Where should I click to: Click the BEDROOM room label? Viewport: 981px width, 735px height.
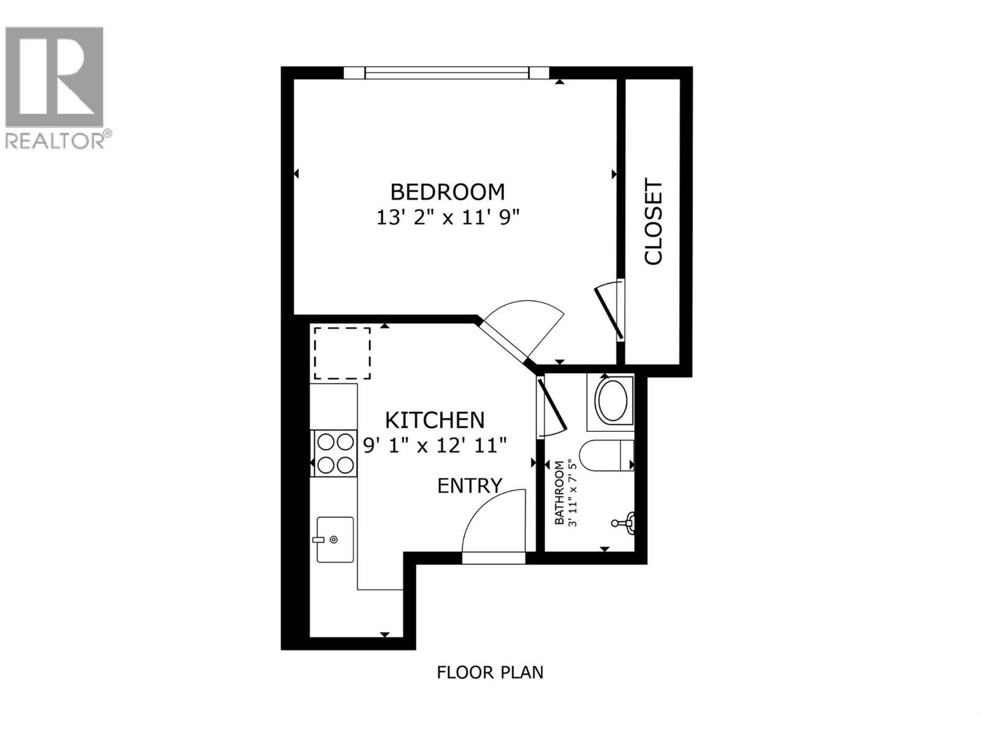click(x=448, y=192)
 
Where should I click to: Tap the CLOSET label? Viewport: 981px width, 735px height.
click(x=654, y=222)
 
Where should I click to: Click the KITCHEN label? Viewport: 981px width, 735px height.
click(x=435, y=420)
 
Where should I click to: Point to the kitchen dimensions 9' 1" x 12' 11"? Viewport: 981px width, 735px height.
click(x=435, y=445)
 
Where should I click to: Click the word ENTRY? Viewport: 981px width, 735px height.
click(x=470, y=486)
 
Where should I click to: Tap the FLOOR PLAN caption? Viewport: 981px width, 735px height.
click(x=490, y=673)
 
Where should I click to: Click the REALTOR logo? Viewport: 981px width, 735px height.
click(x=55, y=86)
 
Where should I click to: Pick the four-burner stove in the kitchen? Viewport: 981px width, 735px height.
click(x=334, y=453)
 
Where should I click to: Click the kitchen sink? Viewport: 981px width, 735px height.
click(x=335, y=539)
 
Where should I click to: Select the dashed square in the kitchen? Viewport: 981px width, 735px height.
click(x=342, y=353)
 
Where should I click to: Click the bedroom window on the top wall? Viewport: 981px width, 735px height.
click(x=446, y=73)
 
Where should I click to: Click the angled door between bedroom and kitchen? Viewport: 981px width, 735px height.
click(x=521, y=331)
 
